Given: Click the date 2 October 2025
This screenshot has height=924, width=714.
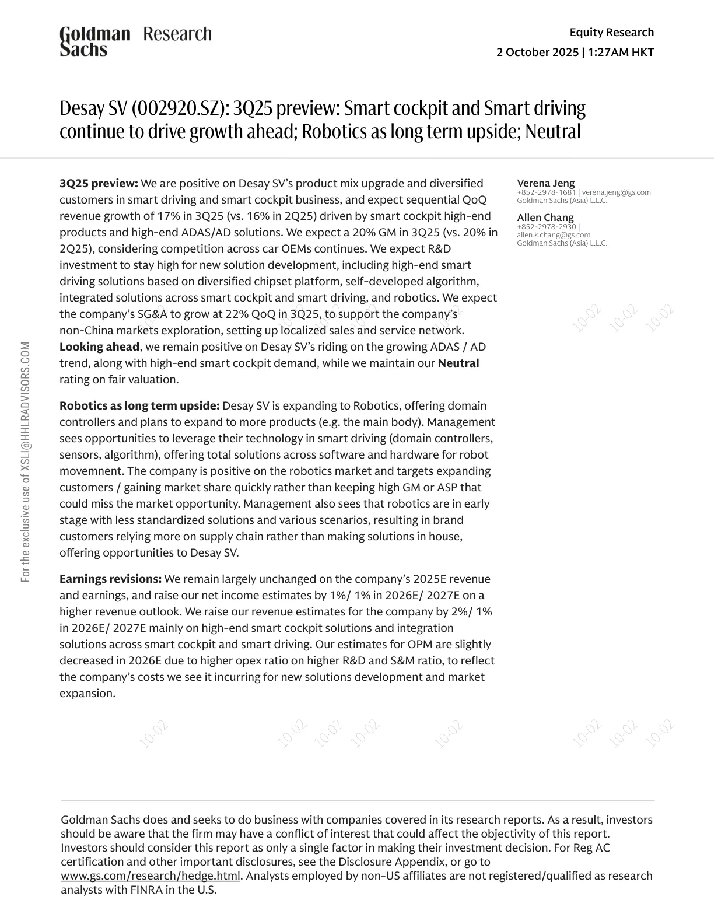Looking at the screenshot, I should point(537,52).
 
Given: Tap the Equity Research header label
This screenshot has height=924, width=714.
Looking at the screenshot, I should point(611,32).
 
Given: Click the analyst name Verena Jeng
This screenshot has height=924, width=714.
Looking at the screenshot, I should point(545,183).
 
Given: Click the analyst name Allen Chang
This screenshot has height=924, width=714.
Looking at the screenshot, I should point(545,218).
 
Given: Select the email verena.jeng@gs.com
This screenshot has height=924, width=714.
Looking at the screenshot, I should point(616,192).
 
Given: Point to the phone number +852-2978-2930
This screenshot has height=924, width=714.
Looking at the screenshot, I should point(546,226).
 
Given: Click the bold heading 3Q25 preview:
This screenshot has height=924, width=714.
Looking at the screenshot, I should point(99,183).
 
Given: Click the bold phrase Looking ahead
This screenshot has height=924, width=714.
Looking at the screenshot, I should point(99,346).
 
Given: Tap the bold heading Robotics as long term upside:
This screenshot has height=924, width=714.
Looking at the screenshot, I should point(139,405).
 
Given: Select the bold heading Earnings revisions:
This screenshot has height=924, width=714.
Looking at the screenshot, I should point(110,579).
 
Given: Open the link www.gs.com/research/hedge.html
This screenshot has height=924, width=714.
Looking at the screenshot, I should point(150,876).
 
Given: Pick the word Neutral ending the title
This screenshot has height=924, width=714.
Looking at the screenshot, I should point(552,132).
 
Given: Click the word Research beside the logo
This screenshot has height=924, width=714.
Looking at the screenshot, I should point(177,34).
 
